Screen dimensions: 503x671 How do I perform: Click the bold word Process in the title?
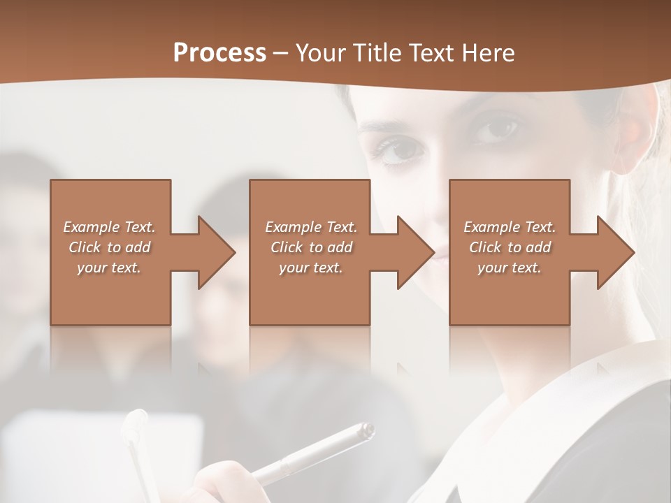tap(219, 53)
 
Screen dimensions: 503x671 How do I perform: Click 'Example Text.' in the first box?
tap(109, 227)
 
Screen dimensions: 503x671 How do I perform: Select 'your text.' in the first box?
tap(109, 268)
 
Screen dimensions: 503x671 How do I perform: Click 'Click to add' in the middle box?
tap(311, 247)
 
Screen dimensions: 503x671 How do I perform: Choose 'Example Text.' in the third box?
tap(510, 227)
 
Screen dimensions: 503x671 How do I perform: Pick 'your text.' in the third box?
tap(510, 268)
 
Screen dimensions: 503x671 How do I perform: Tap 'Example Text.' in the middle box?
tap(311, 227)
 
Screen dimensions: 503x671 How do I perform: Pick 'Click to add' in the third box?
tap(510, 247)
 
